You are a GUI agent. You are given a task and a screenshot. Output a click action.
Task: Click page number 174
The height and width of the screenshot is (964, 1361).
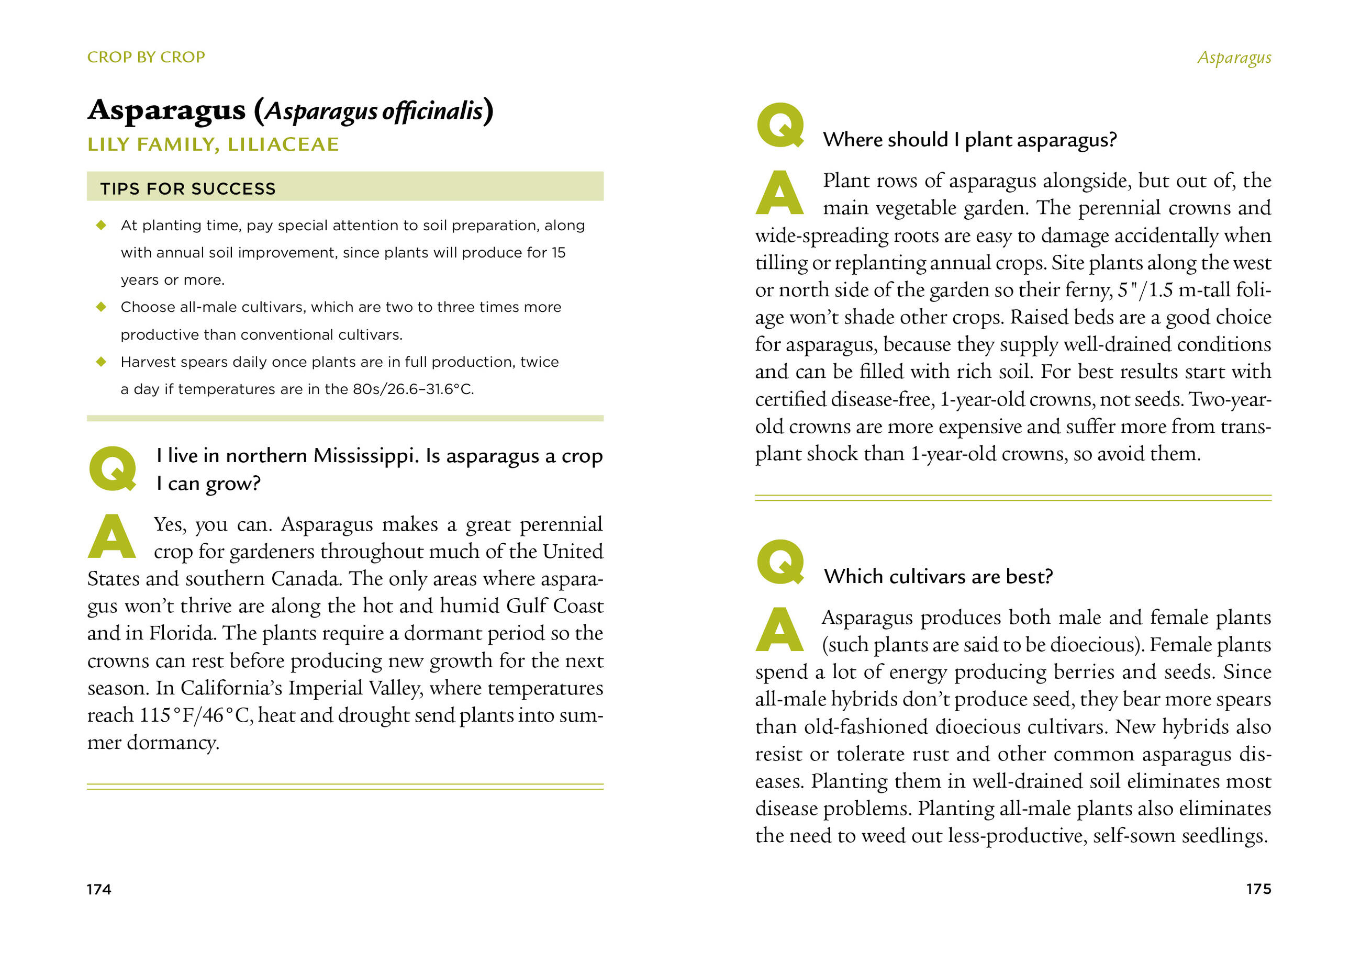(x=98, y=889)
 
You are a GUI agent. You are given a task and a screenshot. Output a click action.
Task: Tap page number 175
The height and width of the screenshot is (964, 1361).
(x=1258, y=889)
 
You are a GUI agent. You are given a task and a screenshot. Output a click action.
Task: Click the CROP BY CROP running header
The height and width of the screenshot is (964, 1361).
(x=146, y=57)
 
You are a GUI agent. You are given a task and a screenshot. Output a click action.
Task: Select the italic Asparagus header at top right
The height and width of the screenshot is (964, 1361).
(x=1234, y=58)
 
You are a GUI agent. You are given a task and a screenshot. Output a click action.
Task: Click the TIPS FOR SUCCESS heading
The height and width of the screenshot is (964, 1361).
(x=187, y=189)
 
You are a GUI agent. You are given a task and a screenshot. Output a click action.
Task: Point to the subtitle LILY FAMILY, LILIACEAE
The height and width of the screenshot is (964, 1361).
(x=213, y=144)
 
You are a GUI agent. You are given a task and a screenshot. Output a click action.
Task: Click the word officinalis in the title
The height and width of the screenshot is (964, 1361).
(x=432, y=111)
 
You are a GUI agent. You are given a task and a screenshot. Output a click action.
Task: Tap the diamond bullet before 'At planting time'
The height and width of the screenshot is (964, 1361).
(x=102, y=225)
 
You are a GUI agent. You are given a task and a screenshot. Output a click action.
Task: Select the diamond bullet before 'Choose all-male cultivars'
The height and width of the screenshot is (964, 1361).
(x=102, y=307)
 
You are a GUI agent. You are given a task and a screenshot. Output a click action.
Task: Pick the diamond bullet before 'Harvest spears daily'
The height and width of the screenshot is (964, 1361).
(x=102, y=362)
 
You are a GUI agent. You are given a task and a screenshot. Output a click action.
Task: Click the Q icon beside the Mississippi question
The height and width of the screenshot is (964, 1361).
(x=112, y=469)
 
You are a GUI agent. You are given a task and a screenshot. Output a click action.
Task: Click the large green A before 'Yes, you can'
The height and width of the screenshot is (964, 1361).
(x=111, y=536)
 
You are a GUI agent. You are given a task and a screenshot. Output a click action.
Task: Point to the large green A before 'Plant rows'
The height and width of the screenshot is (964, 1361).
(x=779, y=193)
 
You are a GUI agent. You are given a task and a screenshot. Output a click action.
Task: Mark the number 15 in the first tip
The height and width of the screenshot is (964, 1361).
(x=558, y=253)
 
